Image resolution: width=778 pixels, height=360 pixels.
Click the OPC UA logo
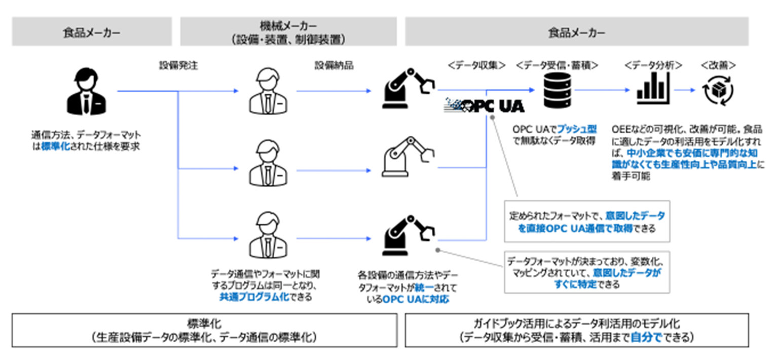click(x=485, y=105)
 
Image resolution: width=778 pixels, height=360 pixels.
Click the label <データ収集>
click(x=476, y=65)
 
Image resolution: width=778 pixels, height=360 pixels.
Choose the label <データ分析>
click(x=653, y=65)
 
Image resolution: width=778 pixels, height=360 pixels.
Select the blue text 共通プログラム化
click(x=253, y=297)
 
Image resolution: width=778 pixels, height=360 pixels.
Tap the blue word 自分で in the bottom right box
click(x=646, y=337)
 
